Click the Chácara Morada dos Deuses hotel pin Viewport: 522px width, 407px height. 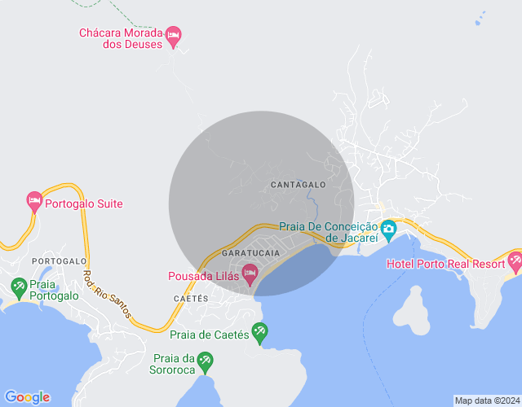click(173, 35)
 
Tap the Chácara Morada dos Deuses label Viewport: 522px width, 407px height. click(120, 39)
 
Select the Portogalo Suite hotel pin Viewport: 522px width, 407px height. click(33, 201)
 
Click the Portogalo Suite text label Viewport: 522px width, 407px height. click(83, 203)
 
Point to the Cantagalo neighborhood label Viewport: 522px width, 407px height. click(298, 185)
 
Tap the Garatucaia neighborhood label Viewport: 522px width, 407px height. click(250, 253)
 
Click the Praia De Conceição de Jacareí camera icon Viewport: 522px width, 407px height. click(388, 228)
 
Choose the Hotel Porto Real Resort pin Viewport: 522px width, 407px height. click(515, 262)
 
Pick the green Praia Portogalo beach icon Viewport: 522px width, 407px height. click(19, 287)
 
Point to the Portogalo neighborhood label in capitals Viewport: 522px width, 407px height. click(59, 261)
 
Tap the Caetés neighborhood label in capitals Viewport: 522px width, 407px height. click(192, 299)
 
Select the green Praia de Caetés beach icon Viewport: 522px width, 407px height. click(259, 330)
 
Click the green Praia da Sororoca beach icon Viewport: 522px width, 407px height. click(206, 359)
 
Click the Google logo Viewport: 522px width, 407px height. click(26, 397)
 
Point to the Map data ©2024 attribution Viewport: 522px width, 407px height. click(486, 400)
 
